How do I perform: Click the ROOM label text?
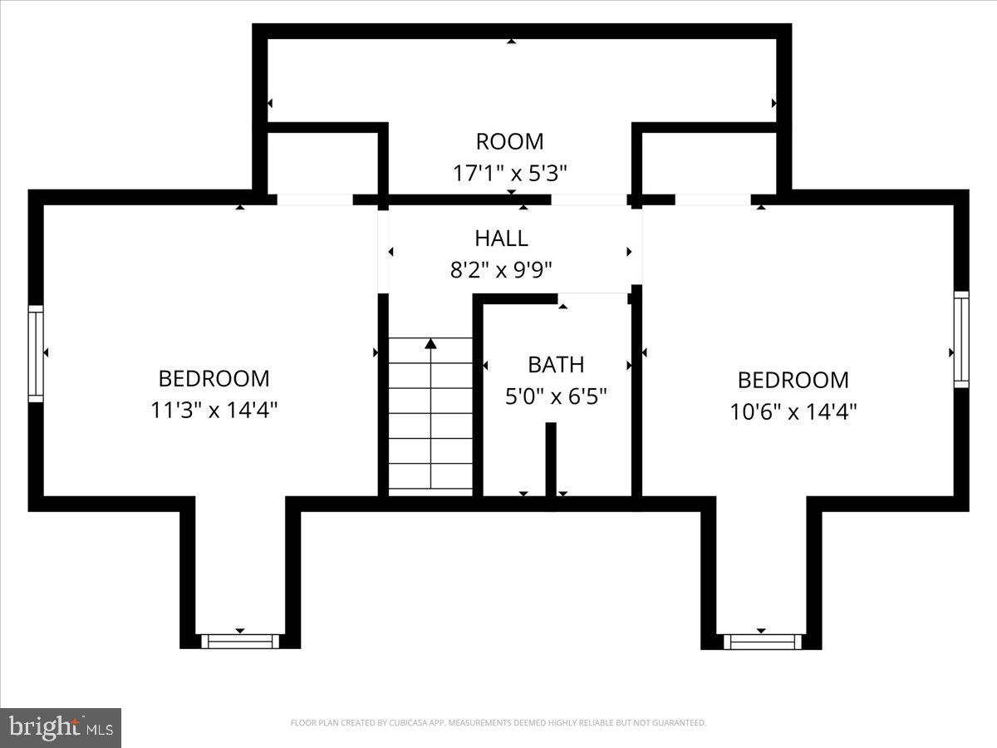click(x=509, y=141)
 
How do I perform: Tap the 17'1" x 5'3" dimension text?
click(x=509, y=173)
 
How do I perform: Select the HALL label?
click(x=501, y=239)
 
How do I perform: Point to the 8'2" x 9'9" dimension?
click(x=501, y=270)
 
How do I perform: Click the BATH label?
click(x=556, y=365)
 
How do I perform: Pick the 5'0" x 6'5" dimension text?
click(x=556, y=396)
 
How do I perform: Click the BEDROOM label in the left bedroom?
click(x=214, y=379)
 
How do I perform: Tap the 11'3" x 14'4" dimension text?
click(x=214, y=410)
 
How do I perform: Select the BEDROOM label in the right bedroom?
click(x=793, y=381)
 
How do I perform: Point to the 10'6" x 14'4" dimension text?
click(x=793, y=411)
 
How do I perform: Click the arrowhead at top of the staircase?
click(x=430, y=342)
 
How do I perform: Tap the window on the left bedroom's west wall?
click(x=36, y=353)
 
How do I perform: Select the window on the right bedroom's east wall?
click(x=961, y=339)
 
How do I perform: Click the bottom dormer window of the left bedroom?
click(x=240, y=641)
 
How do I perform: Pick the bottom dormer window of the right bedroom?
click(x=762, y=641)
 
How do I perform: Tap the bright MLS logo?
click(x=61, y=727)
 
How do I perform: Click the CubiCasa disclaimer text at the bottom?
click(x=498, y=723)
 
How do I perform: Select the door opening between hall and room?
click(x=589, y=199)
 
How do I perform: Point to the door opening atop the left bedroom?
click(x=314, y=199)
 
